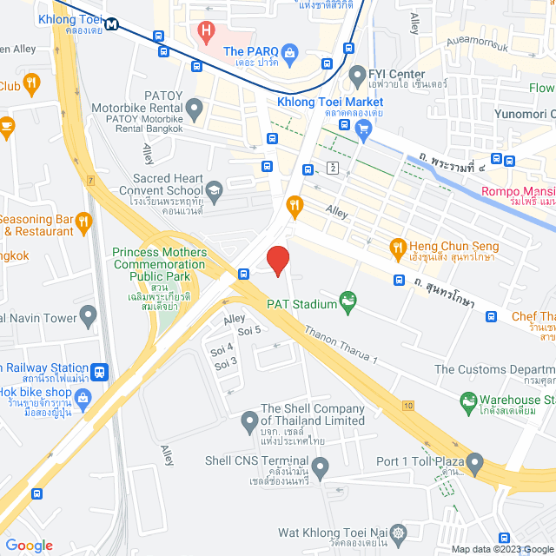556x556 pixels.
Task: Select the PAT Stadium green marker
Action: (x=348, y=301)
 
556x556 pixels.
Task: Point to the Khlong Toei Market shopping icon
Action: (x=363, y=129)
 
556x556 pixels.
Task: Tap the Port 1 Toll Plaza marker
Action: (x=474, y=461)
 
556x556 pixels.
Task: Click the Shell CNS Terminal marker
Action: (x=321, y=470)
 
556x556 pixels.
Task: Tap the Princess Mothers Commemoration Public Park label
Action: (x=160, y=264)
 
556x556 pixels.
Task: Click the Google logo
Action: (x=29, y=546)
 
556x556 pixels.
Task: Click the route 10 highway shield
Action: (x=407, y=406)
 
